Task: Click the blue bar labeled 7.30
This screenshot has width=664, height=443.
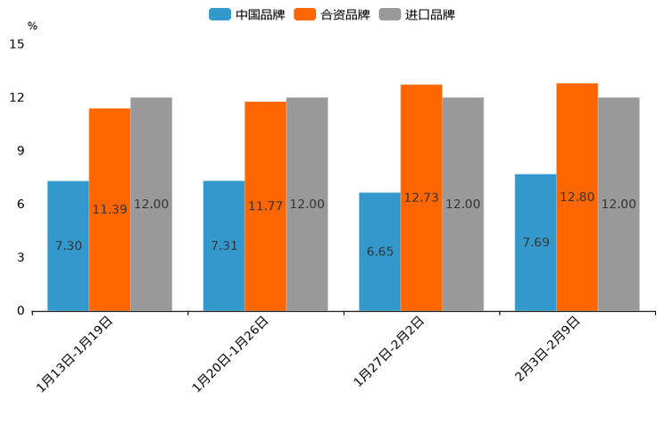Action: coord(68,246)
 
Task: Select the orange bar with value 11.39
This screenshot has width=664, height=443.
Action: coord(110,209)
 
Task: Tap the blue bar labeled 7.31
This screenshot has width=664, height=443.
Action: coord(224,246)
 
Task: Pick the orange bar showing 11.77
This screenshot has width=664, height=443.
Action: coord(265,206)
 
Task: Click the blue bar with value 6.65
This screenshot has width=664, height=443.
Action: coord(379,252)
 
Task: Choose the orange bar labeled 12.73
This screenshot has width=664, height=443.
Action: coord(421,197)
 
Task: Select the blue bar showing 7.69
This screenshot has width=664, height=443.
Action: coord(535,242)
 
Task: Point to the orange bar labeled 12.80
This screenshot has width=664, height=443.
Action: coord(577,196)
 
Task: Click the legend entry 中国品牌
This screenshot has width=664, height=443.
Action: coord(247,14)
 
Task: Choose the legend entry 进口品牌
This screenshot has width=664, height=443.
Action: coord(418,14)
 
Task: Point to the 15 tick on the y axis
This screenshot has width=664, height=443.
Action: coord(18,44)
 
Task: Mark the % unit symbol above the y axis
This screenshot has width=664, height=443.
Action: coord(32,26)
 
